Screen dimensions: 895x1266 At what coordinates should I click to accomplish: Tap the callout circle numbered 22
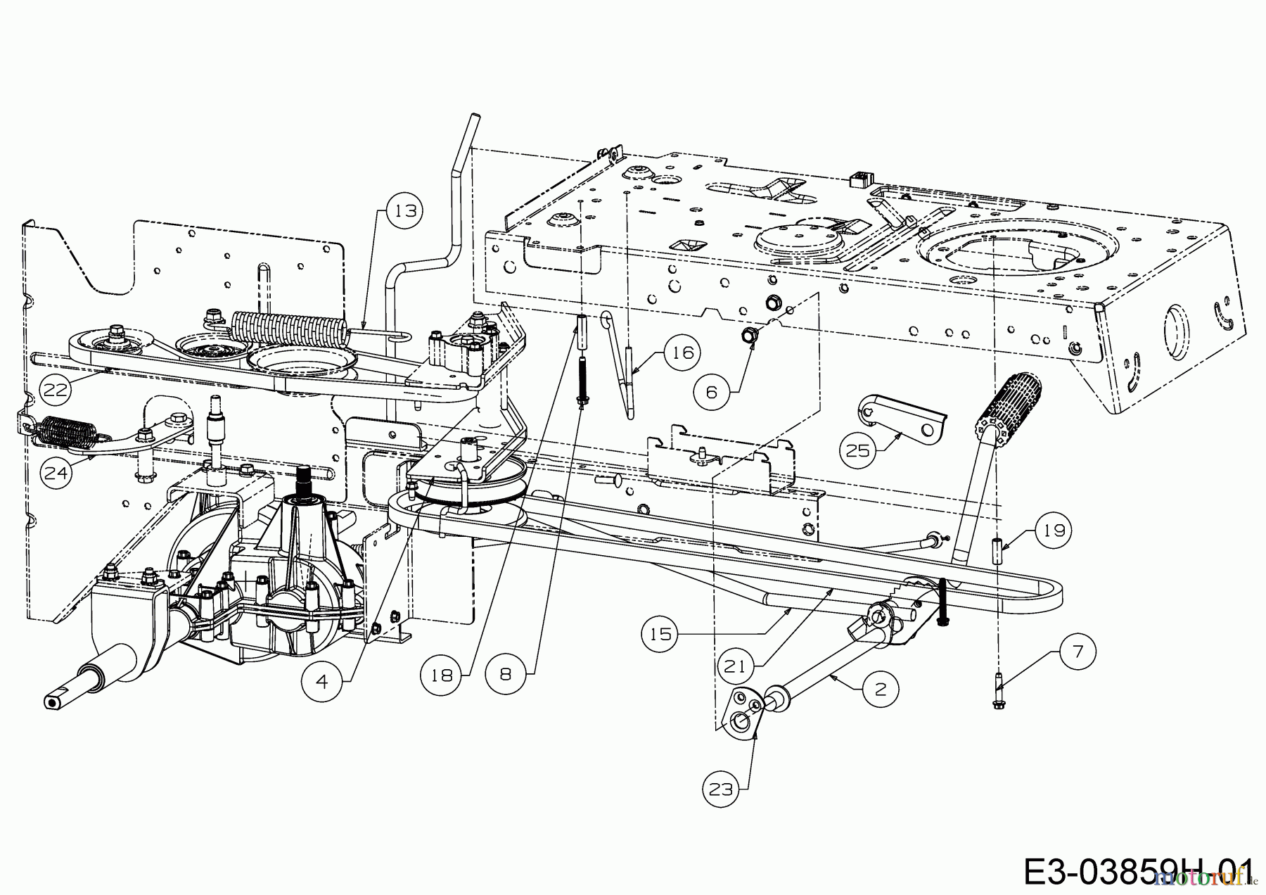pos(56,388)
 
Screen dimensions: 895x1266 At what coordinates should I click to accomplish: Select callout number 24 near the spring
pos(56,472)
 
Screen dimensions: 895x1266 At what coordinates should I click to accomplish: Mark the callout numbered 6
pos(711,391)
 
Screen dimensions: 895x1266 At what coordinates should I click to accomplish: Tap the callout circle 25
pos(857,450)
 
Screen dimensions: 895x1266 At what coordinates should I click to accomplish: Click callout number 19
pos(1054,529)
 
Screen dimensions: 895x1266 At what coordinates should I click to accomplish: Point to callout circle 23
pos(721,789)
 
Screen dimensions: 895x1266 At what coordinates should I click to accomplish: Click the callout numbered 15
pos(660,634)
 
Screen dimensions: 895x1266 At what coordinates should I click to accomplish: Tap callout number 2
pos(881,690)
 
